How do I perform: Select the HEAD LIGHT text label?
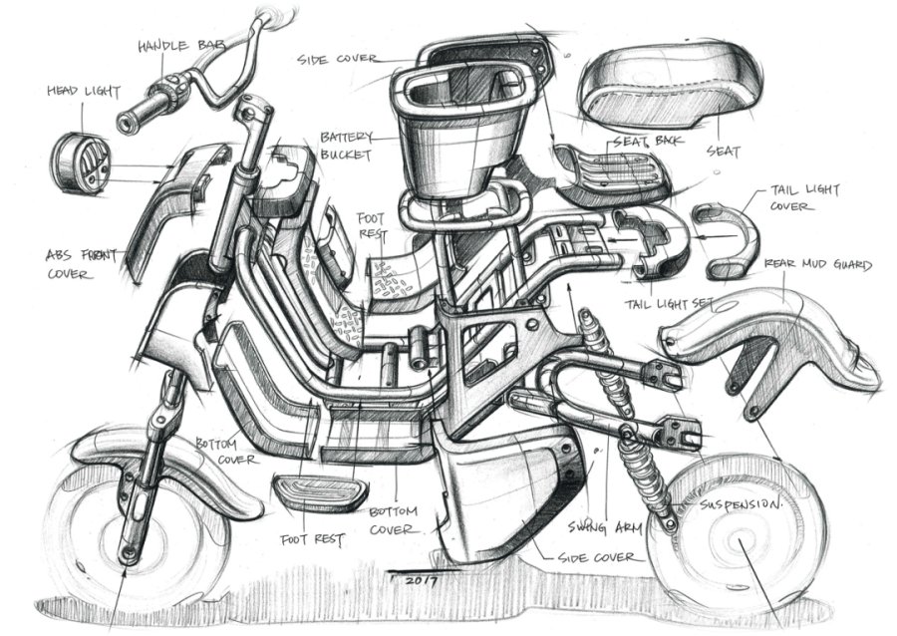click(x=84, y=92)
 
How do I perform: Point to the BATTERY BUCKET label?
click(x=346, y=146)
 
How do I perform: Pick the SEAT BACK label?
click(x=648, y=141)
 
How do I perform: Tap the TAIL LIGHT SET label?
click(x=671, y=303)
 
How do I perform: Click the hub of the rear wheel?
click(x=740, y=543)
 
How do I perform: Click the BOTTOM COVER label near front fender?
click(x=226, y=451)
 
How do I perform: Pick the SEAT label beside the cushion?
click(x=723, y=152)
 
